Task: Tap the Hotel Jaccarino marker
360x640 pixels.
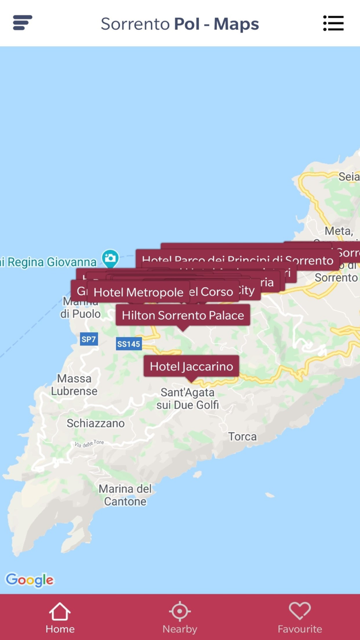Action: [x=191, y=366]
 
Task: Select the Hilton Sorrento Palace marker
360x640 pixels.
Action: [x=183, y=315]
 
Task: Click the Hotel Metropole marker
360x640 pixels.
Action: [x=138, y=292]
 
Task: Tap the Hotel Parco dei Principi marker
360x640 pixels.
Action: [x=237, y=260]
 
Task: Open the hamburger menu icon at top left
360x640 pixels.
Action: [x=23, y=23]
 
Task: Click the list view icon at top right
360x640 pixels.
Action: [x=333, y=23]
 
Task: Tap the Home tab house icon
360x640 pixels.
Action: [x=60, y=611]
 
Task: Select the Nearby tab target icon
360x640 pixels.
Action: [x=179, y=611]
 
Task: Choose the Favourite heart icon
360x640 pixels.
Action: [x=299, y=611]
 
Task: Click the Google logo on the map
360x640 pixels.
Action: [x=29, y=580]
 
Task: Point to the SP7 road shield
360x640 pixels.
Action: [x=88, y=339]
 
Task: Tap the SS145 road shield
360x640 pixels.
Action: [x=128, y=344]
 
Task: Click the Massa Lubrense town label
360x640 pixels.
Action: [x=74, y=385]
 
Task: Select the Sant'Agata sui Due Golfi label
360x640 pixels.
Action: [x=187, y=399]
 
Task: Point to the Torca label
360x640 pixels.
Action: [x=242, y=436]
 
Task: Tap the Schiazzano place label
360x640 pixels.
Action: [x=96, y=423]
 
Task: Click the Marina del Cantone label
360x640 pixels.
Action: [x=125, y=495]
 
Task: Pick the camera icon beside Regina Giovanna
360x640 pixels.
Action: [x=110, y=258]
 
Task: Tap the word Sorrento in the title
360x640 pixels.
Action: [x=135, y=24]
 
